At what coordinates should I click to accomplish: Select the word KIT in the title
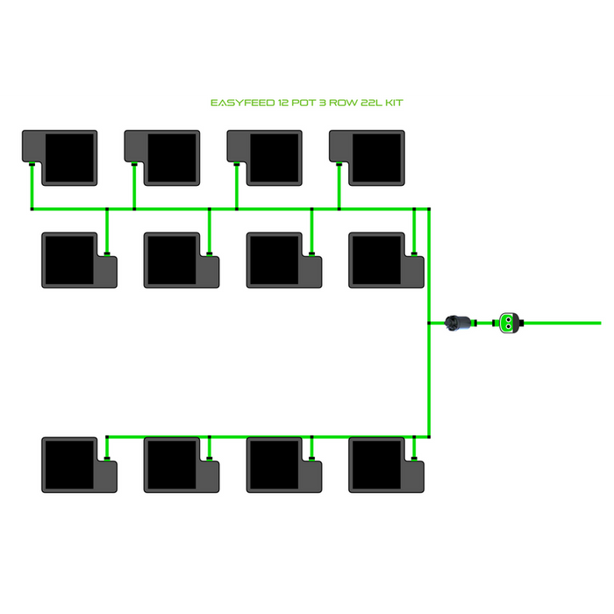(393, 103)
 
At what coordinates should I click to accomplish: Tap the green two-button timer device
(509, 323)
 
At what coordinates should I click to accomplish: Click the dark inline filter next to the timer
(460, 323)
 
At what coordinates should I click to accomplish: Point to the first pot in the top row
(60, 158)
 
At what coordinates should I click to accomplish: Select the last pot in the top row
(368, 158)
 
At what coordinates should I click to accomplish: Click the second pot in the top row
(162, 158)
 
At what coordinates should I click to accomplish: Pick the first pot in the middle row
(79, 260)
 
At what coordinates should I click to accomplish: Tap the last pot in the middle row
(386, 260)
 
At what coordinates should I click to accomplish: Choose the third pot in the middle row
(283, 260)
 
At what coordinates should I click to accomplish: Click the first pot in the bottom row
(79, 465)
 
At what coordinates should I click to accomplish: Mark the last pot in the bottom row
(386, 465)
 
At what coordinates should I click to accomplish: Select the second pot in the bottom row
(182, 465)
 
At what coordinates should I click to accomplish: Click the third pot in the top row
(265, 158)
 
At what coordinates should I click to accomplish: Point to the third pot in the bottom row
(283, 465)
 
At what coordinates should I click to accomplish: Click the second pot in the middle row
(182, 260)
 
